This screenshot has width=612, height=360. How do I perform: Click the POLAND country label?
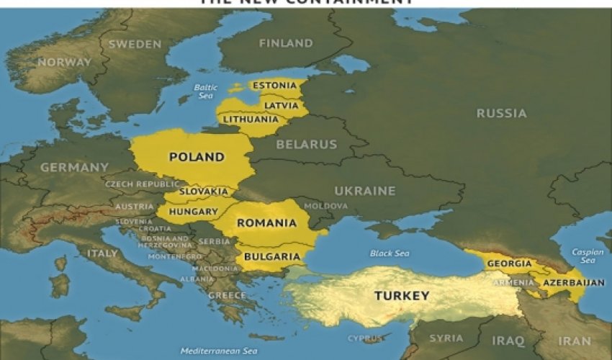click(x=196, y=157)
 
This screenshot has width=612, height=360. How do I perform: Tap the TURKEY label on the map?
click(x=402, y=296)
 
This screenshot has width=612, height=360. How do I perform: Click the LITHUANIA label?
click(x=251, y=119)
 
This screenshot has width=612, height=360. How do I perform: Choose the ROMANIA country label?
click(x=266, y=223)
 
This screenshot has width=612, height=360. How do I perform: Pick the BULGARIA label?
click(x=272, y=256)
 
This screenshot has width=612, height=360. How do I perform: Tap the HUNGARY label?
click(x=193, y=212)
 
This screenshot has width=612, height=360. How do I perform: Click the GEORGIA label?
click(x=509, y=264)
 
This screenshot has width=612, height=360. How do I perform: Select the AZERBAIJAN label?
click(x=575, y=282)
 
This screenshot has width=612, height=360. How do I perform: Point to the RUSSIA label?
click(x=501, y=113)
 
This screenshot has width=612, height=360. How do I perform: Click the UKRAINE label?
click(x=364, y=191)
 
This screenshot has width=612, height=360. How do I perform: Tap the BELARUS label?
click(x=307, y=144)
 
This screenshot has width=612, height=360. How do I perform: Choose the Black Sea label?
click(x=390, y=253)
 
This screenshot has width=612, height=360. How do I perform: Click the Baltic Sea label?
click(x=205, y=91)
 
